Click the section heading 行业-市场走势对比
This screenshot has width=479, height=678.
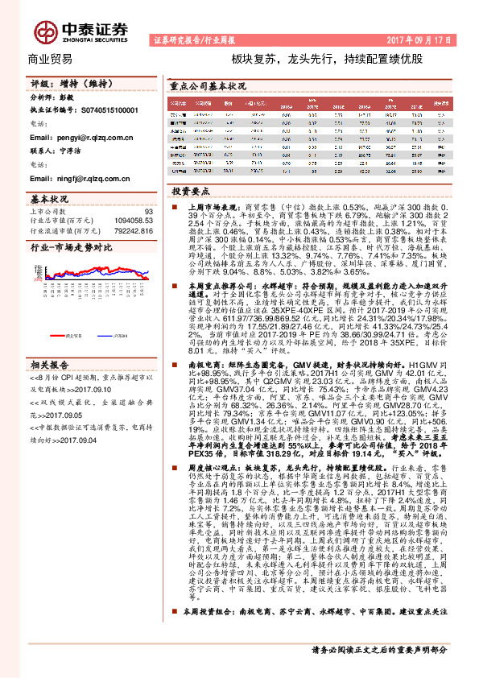click(x=71, y=248)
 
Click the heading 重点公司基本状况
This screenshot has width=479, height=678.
click(x=209, y=85)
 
